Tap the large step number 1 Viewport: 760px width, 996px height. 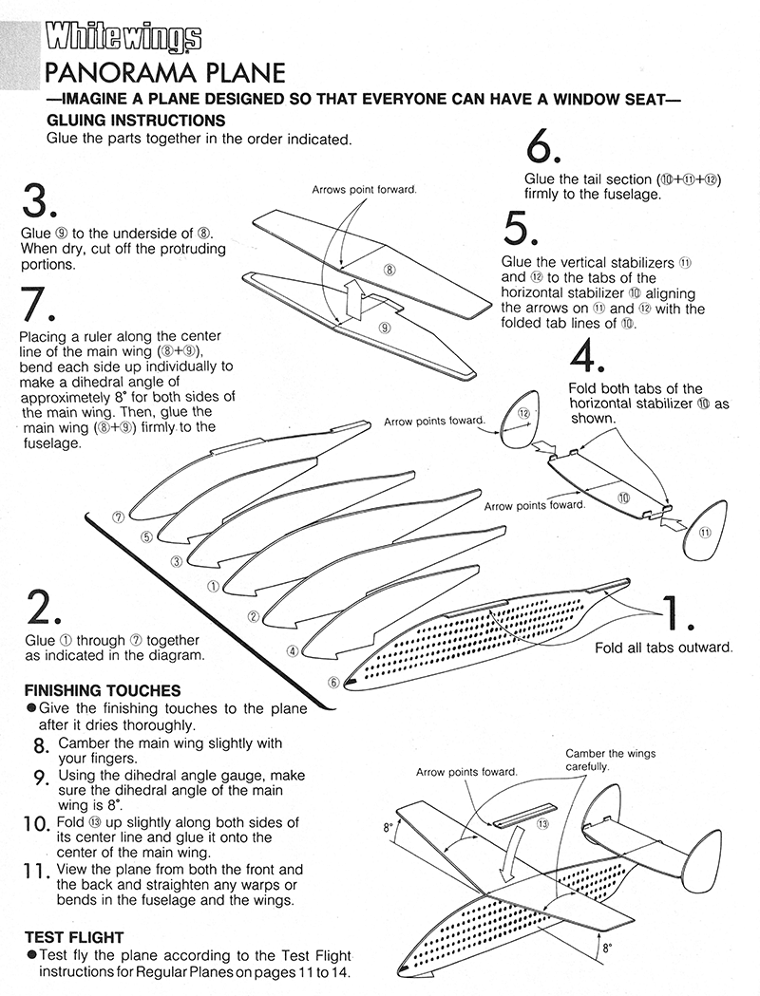pos(677,614)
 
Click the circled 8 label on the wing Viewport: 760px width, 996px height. pos(389,270)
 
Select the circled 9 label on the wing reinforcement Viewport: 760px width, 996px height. pos(385,328)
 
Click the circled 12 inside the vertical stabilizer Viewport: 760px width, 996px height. pos(523,413)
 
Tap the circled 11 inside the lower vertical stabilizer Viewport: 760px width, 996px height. pos(704,533)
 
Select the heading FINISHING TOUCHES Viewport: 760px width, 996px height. pos(102,690)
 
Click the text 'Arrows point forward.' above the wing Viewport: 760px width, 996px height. pos(364,190)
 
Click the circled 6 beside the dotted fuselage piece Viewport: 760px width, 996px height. pos(333,681)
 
